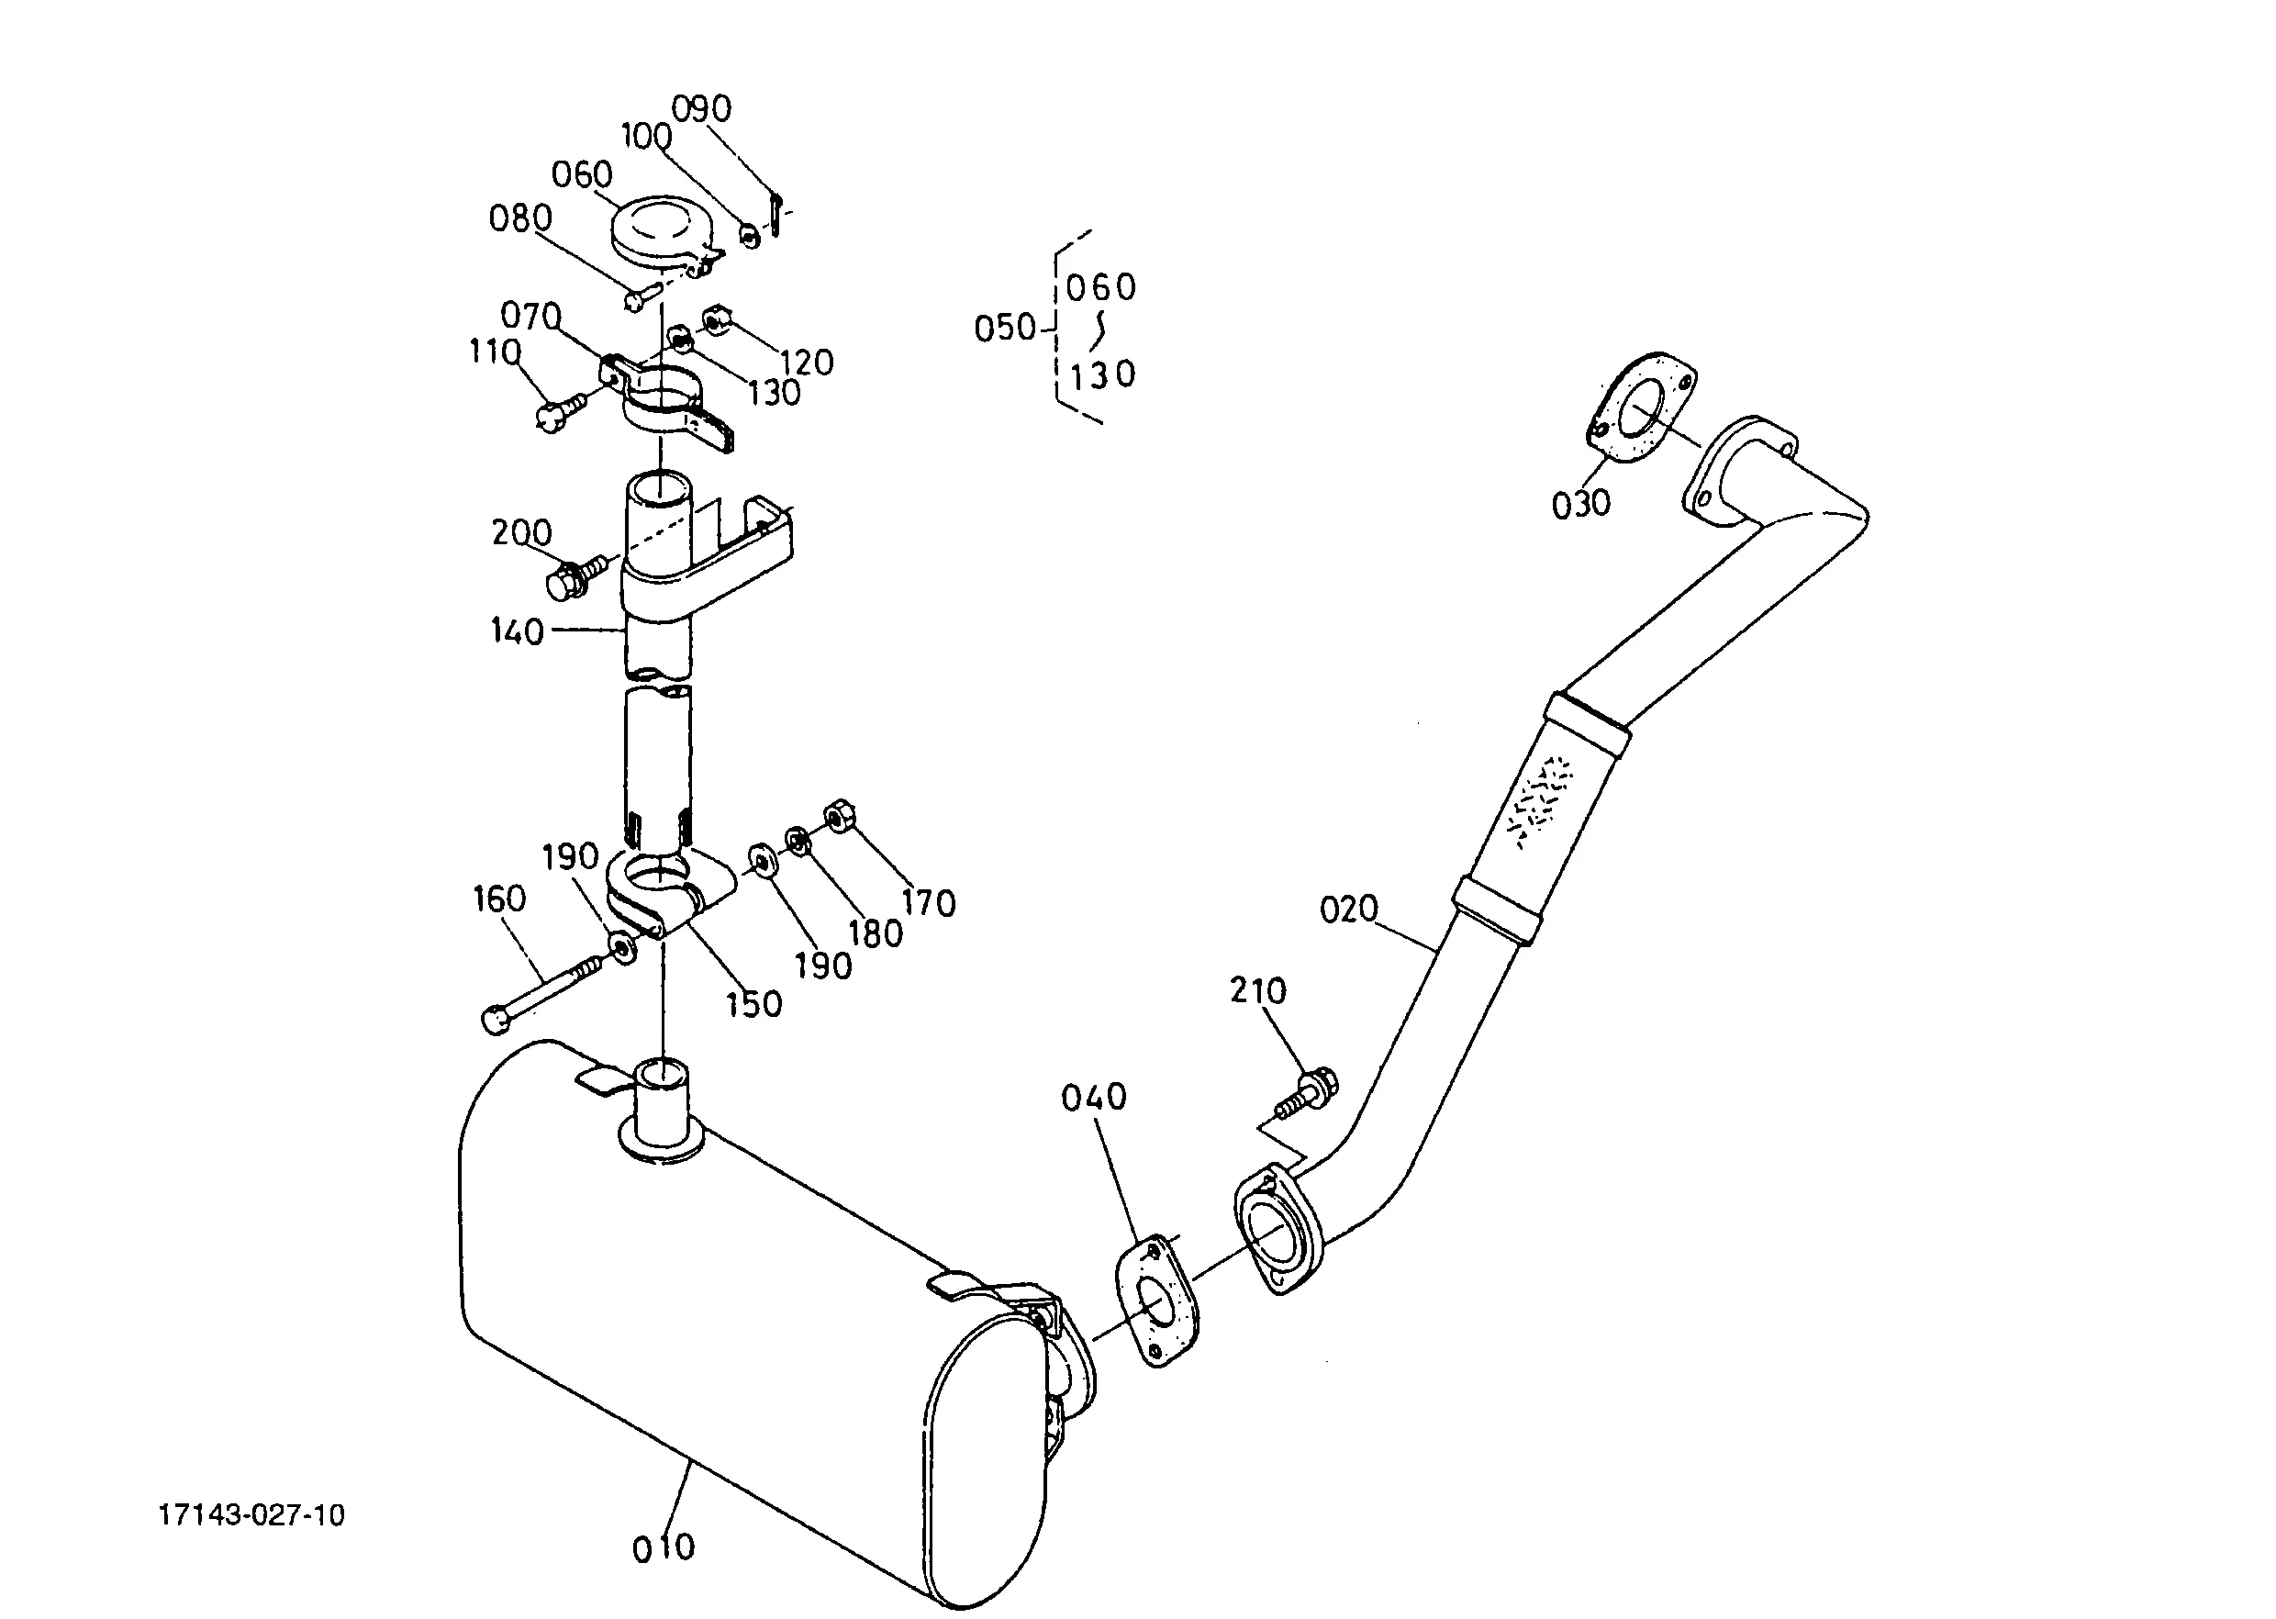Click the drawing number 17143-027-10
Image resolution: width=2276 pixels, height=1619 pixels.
point(251,1515)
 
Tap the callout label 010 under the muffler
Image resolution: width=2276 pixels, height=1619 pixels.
point(663,1548)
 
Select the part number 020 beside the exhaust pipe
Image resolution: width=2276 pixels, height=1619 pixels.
point(1349,910)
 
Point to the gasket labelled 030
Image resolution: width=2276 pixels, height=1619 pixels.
point(1640,408)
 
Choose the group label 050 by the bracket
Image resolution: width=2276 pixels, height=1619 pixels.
point(1005,328)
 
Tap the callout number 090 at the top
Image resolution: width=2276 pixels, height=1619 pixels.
point(702,108)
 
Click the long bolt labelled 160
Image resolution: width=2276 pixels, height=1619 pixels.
point(542,992)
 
